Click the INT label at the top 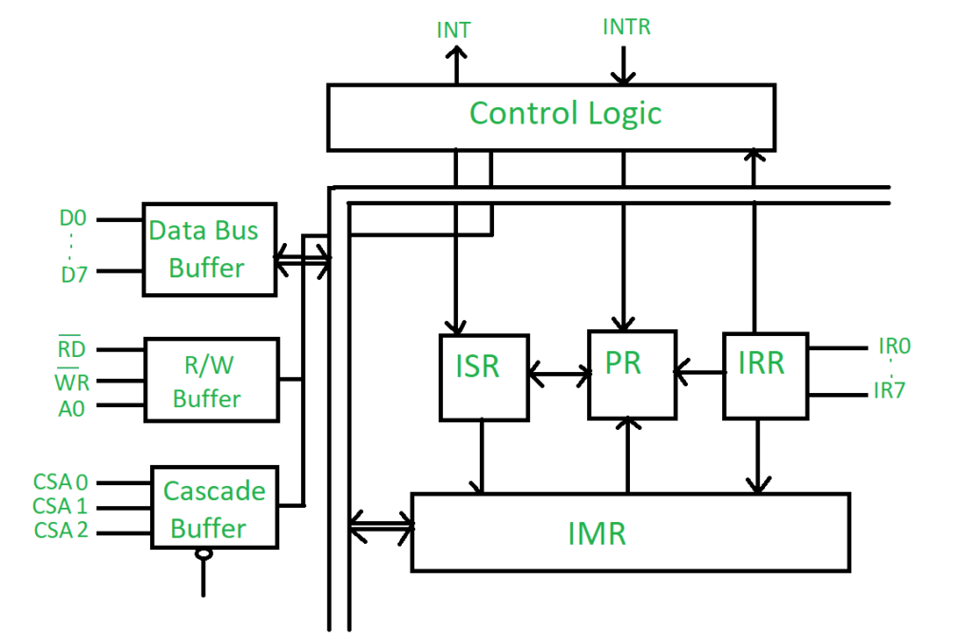tap(453, 29)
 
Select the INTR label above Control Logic tap(626, 27)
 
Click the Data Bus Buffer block tap(209, 249)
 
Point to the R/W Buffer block tap(211, 380)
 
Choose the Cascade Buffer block tap(215, 508)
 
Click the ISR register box tap(484, 377)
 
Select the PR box tap(632, 374)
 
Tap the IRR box tap(764, 375)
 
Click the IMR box tap(629, 532)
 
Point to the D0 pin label tap(73, 219)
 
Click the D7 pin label tap(73, 275)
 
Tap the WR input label tap(70, 383)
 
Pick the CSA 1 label tap(60, 506)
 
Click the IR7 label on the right tap(889, 390)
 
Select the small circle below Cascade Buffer tap(202, 554)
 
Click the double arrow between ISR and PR tap(558, 376)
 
